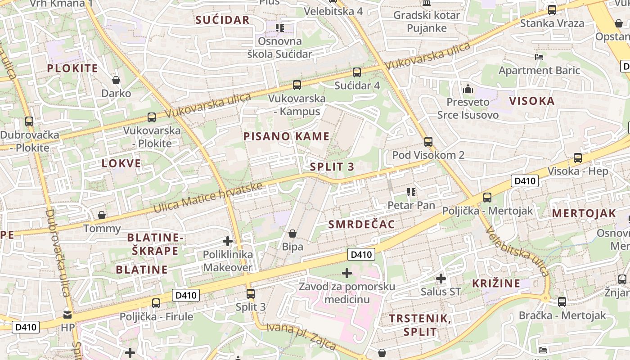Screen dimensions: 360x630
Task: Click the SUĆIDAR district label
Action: (222, 20)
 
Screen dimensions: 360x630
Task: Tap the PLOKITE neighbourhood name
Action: (72, 68)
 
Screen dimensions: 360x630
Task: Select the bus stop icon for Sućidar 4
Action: (357, 72)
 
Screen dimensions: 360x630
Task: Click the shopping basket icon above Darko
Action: (116, 80)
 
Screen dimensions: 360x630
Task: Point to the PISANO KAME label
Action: (287, 136)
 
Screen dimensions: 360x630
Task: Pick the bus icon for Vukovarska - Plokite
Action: (152, 117)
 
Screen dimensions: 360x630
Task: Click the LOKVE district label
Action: (121, 163)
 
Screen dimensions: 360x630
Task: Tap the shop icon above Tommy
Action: (102, 215)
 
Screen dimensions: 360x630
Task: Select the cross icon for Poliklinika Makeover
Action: (228, 241)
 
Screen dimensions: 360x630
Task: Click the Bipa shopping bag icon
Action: (292, 234)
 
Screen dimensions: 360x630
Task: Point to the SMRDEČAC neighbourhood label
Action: (362, 225)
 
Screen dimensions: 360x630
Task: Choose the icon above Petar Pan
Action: (411, 192)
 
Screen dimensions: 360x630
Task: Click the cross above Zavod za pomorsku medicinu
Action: (347, 273)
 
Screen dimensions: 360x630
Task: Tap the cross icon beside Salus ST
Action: (441, 279)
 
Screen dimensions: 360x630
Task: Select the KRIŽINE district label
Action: (496, 283)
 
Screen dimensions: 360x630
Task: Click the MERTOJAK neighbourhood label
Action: (584, 214)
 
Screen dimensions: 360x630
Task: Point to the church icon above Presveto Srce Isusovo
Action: (468, 89)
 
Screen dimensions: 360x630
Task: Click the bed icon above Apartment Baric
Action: (539, 57)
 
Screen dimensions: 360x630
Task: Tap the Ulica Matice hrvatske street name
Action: (208, 198)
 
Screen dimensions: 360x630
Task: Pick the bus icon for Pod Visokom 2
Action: (428, 142)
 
